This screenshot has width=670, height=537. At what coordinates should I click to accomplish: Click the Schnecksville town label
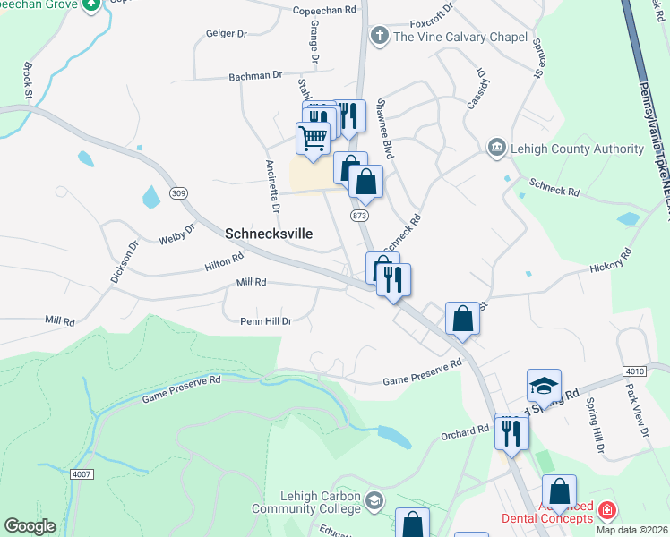pos(269,233)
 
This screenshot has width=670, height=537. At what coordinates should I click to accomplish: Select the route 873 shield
pos(360,216)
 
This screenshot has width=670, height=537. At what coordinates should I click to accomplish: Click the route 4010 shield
pos(635,371)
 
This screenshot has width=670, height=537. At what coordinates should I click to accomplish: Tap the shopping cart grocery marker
pos(313,139)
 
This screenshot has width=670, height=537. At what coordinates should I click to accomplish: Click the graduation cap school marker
pos(544,386)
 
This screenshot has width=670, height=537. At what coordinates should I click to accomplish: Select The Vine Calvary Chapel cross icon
pos(379,37)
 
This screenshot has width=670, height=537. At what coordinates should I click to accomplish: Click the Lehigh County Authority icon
pos(496,146)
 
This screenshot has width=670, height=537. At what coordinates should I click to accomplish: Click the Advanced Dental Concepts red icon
pos(607,510)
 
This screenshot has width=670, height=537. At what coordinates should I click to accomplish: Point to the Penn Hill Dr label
pos(266,320)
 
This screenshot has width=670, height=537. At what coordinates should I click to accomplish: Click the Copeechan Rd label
pos(323,11)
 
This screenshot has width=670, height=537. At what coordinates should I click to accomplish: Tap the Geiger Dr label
pos(226,33)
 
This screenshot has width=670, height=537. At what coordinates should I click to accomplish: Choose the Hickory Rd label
pos(612,268)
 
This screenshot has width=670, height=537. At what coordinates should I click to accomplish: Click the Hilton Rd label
pos(224,261)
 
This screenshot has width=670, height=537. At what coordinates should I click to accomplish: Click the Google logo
pos(30,526)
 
